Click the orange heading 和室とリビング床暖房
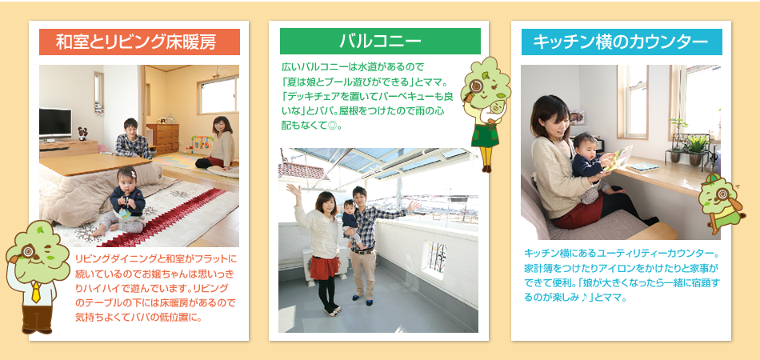(136, 42)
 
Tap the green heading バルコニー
(380, 41)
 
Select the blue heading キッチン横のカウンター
(621, 42)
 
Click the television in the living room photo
(55, 124)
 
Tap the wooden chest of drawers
(163, 138)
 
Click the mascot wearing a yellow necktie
(35, 276)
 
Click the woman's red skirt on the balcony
(324, 267)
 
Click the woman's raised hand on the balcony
(292, 190)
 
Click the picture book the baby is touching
(619, 158)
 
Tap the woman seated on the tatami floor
(217, 144)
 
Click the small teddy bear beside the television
(82, 134)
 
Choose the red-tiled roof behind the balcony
(301, 170)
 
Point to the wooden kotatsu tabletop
(93, 164)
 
